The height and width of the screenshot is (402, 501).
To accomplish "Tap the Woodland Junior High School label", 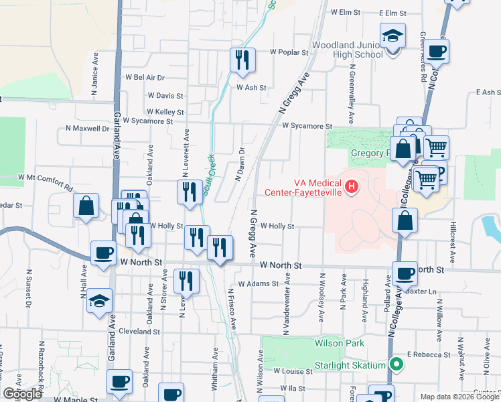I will point(347,54).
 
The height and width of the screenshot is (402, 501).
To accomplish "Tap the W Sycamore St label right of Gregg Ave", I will point(307,126).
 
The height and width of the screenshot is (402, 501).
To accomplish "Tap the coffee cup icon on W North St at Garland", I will point(103,253).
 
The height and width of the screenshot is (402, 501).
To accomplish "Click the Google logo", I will point(23,394).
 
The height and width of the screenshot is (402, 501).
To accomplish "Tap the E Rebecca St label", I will point(429,354).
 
